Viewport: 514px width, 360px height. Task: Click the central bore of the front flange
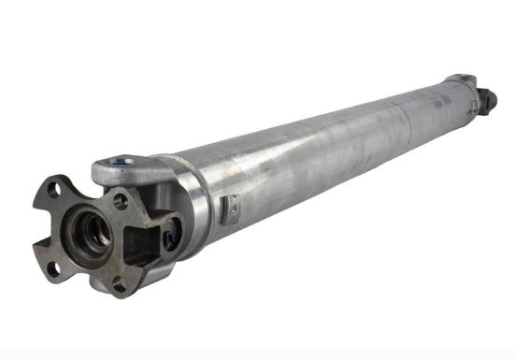[91, 227]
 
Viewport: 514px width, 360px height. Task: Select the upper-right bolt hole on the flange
[121, 199]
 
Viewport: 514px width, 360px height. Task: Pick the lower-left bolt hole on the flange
[53, 268]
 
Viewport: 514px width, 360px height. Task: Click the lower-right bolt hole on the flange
[119, 286]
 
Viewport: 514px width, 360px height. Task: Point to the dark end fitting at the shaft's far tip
[486, 96]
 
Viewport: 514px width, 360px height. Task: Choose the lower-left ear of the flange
[51, 271]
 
